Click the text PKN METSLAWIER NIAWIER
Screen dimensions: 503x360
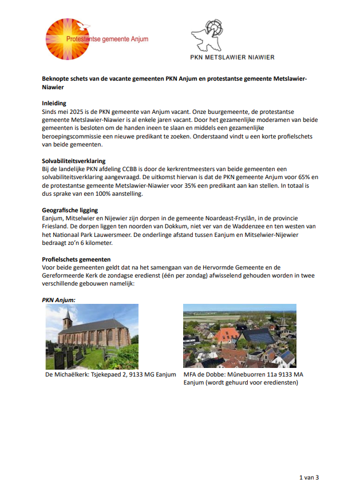pos(232,57)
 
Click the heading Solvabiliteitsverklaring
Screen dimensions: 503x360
pos(73,161)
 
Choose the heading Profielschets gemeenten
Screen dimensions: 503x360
pos(73,259)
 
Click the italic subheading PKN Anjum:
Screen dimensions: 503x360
pos(60,299)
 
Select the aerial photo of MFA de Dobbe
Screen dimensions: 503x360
pos(239,336)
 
